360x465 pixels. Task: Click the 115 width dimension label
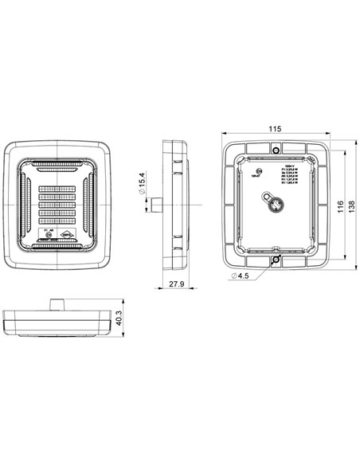point(275,128)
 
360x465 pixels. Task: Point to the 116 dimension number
point(340,205)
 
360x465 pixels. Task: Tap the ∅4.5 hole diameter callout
point(241,275)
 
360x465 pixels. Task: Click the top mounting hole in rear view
point(275,150)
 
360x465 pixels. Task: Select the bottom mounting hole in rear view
point(275,260)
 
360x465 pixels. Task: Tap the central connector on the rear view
point(275,205)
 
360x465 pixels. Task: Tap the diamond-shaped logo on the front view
point(68,234)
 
